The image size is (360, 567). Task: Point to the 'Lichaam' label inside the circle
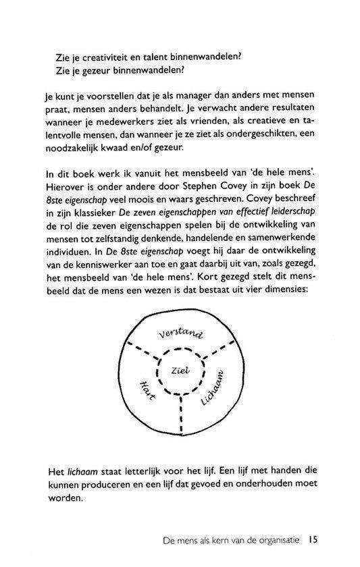(214, 391)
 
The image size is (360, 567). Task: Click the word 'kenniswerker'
(121, 271)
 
